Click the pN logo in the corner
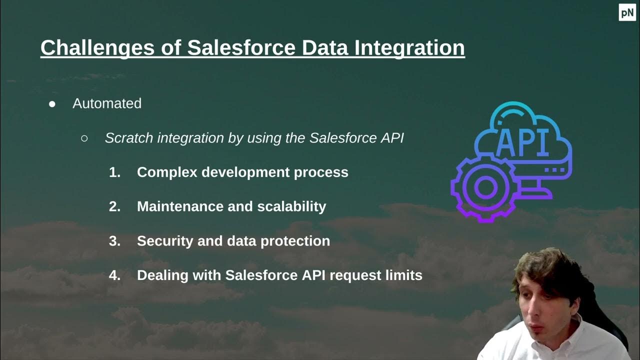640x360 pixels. (x=627, y=12)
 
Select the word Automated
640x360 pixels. (x=107, y=103)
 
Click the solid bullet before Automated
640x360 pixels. (x=52, y=104)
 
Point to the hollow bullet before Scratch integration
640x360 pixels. (x=84, y=138)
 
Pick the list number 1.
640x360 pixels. (x=114, y=172)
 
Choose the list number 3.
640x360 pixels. (x=114, y=241)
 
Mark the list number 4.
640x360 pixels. (x=114, y=275)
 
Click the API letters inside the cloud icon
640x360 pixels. (x=522, y=142)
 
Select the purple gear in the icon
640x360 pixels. (x=483, y=187)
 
